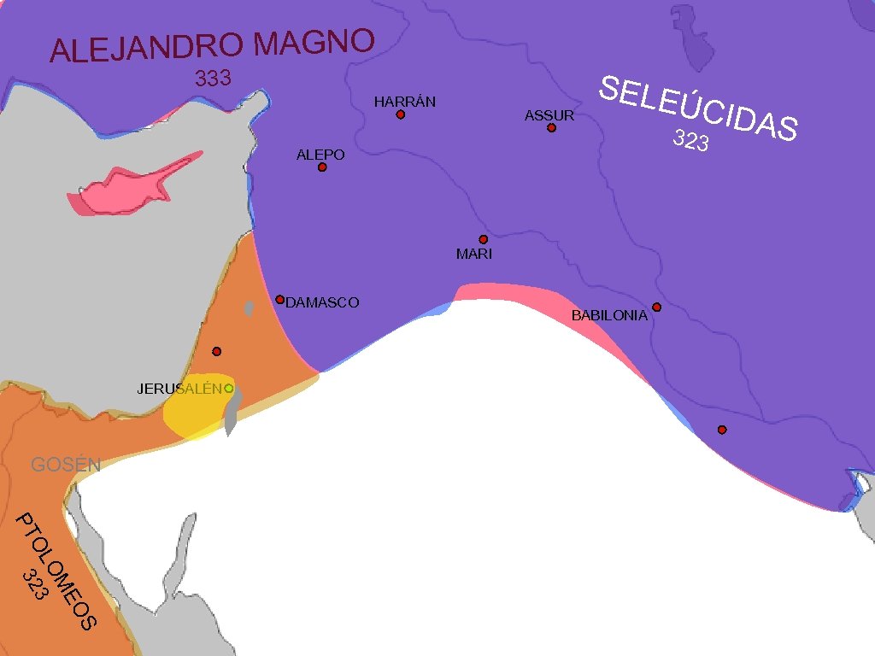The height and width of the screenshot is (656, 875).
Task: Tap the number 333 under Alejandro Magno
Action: [x=213, y=79]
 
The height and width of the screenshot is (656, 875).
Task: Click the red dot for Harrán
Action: [x=400, y=114]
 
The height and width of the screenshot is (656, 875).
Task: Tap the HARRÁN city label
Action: [x=405, y=102]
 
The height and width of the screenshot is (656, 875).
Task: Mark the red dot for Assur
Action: [x=551, y=128]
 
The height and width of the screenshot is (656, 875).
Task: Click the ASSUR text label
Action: [x=549, y=115]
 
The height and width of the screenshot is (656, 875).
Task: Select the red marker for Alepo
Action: [x=322, y=167]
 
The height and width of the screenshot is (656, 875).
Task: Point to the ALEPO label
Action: [x=320, y=155]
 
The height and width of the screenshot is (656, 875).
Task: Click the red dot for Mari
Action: [x=483, y=239]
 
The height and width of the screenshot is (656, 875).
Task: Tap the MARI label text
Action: [x=474, y=254]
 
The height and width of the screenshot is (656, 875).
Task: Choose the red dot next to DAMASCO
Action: [x=279, y=299]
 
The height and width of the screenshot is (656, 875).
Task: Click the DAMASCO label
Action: [x=322, y=302]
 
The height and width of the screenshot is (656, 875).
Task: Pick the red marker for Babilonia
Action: [x=656, y=307]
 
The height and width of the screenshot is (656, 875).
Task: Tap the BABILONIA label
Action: [x=609, y=316]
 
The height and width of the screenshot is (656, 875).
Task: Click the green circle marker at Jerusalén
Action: [x=229, y=388]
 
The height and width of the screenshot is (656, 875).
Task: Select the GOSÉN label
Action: [x=66, y=465]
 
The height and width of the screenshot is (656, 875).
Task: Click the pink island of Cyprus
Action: [x=128, y=183]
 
